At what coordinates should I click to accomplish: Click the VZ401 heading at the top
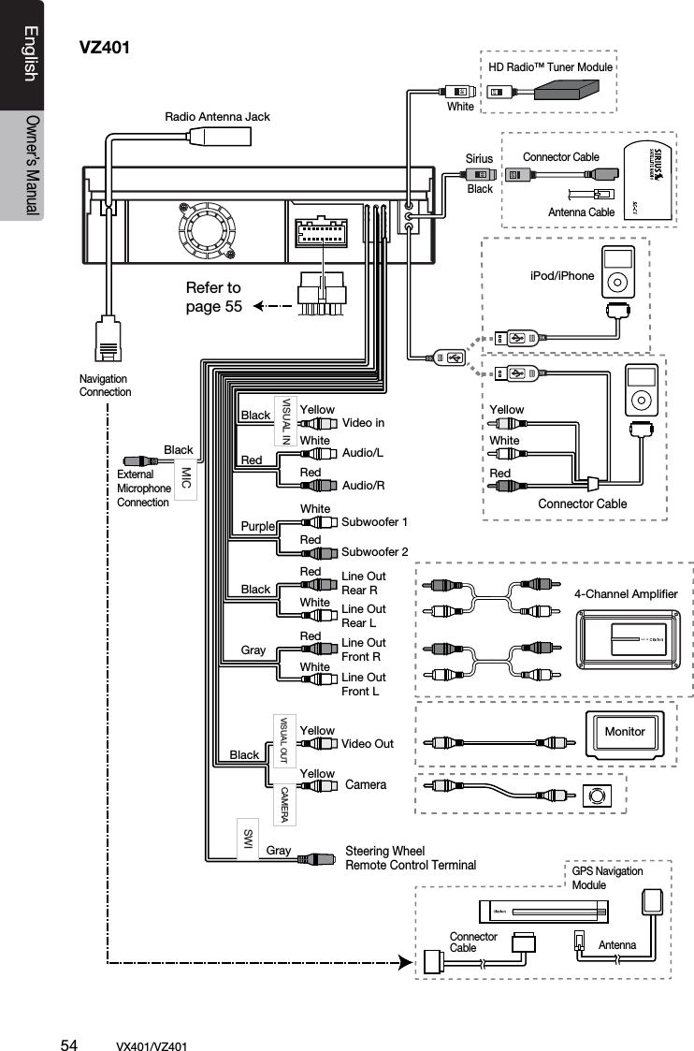click(x=104, y=47)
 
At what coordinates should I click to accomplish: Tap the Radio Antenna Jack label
click(x=217, y=117)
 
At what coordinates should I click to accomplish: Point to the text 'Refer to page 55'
click(x=213, y=297)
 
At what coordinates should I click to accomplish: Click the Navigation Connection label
click(x=105, y=385)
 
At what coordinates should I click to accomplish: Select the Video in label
click(x=363, y=423)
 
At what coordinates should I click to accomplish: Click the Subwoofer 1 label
click(x=375, y=520)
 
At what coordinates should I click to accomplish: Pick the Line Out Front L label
click(x=364, y=684)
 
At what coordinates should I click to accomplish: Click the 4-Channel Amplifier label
click(x=625, y=593)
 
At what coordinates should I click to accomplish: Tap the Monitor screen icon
click(x=624, y=732)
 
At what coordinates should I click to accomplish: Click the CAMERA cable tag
click(x=284, y=804)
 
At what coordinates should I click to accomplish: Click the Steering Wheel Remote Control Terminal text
click(x=411, y=857)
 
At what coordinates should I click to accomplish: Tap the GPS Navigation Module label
click(x=607, y=877)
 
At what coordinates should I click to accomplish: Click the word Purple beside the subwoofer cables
click(x=258, y=527)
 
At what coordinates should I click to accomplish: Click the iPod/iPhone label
click(x=561, y=275)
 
